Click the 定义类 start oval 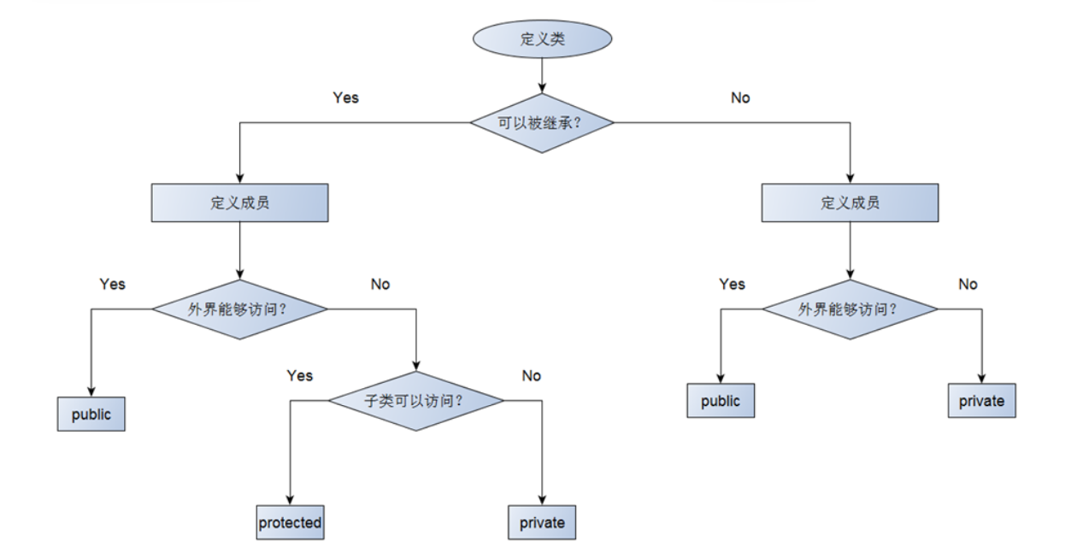(542, 39)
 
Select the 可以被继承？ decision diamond (542, 123)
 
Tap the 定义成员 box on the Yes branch (239, 203)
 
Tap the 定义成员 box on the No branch (850, 203)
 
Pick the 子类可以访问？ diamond (416, 400)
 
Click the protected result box (290, 522)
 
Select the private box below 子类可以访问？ (542, 522)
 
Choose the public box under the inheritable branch (91, 415)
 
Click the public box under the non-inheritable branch (721, 401)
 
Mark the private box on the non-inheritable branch (981, 401)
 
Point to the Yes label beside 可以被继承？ (345, 97)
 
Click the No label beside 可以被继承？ (740, 97)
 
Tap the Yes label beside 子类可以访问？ (300, 375)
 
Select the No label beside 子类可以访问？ (532, 375)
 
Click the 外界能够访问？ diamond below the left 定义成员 (239, 309)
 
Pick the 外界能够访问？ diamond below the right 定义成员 (850, 309)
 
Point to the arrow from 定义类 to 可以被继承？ (542, 76)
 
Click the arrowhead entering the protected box (290, 500)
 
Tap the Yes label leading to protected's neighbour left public (112, 284)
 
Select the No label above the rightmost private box (968, 284)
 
